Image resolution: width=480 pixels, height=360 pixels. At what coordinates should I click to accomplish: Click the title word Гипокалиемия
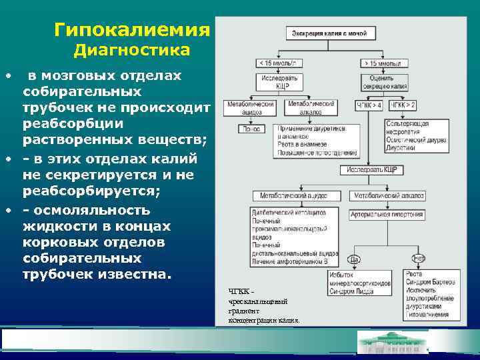(131, 30)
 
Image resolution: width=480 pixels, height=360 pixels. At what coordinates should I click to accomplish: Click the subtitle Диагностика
(131, 51)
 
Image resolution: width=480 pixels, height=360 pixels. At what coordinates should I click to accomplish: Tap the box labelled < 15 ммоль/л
(279, 63)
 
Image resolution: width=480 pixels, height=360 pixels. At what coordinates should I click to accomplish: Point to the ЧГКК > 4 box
(369, 105)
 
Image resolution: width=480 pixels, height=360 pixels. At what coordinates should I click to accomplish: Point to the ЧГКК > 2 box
(402, 105)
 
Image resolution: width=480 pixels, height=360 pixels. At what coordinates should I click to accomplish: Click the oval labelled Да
(354, 258)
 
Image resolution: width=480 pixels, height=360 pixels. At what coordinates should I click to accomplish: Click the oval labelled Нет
(419, 258)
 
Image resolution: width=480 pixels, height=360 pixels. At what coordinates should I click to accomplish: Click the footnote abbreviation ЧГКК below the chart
(239, 291)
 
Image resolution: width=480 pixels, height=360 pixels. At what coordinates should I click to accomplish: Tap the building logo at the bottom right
(392, 343)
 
